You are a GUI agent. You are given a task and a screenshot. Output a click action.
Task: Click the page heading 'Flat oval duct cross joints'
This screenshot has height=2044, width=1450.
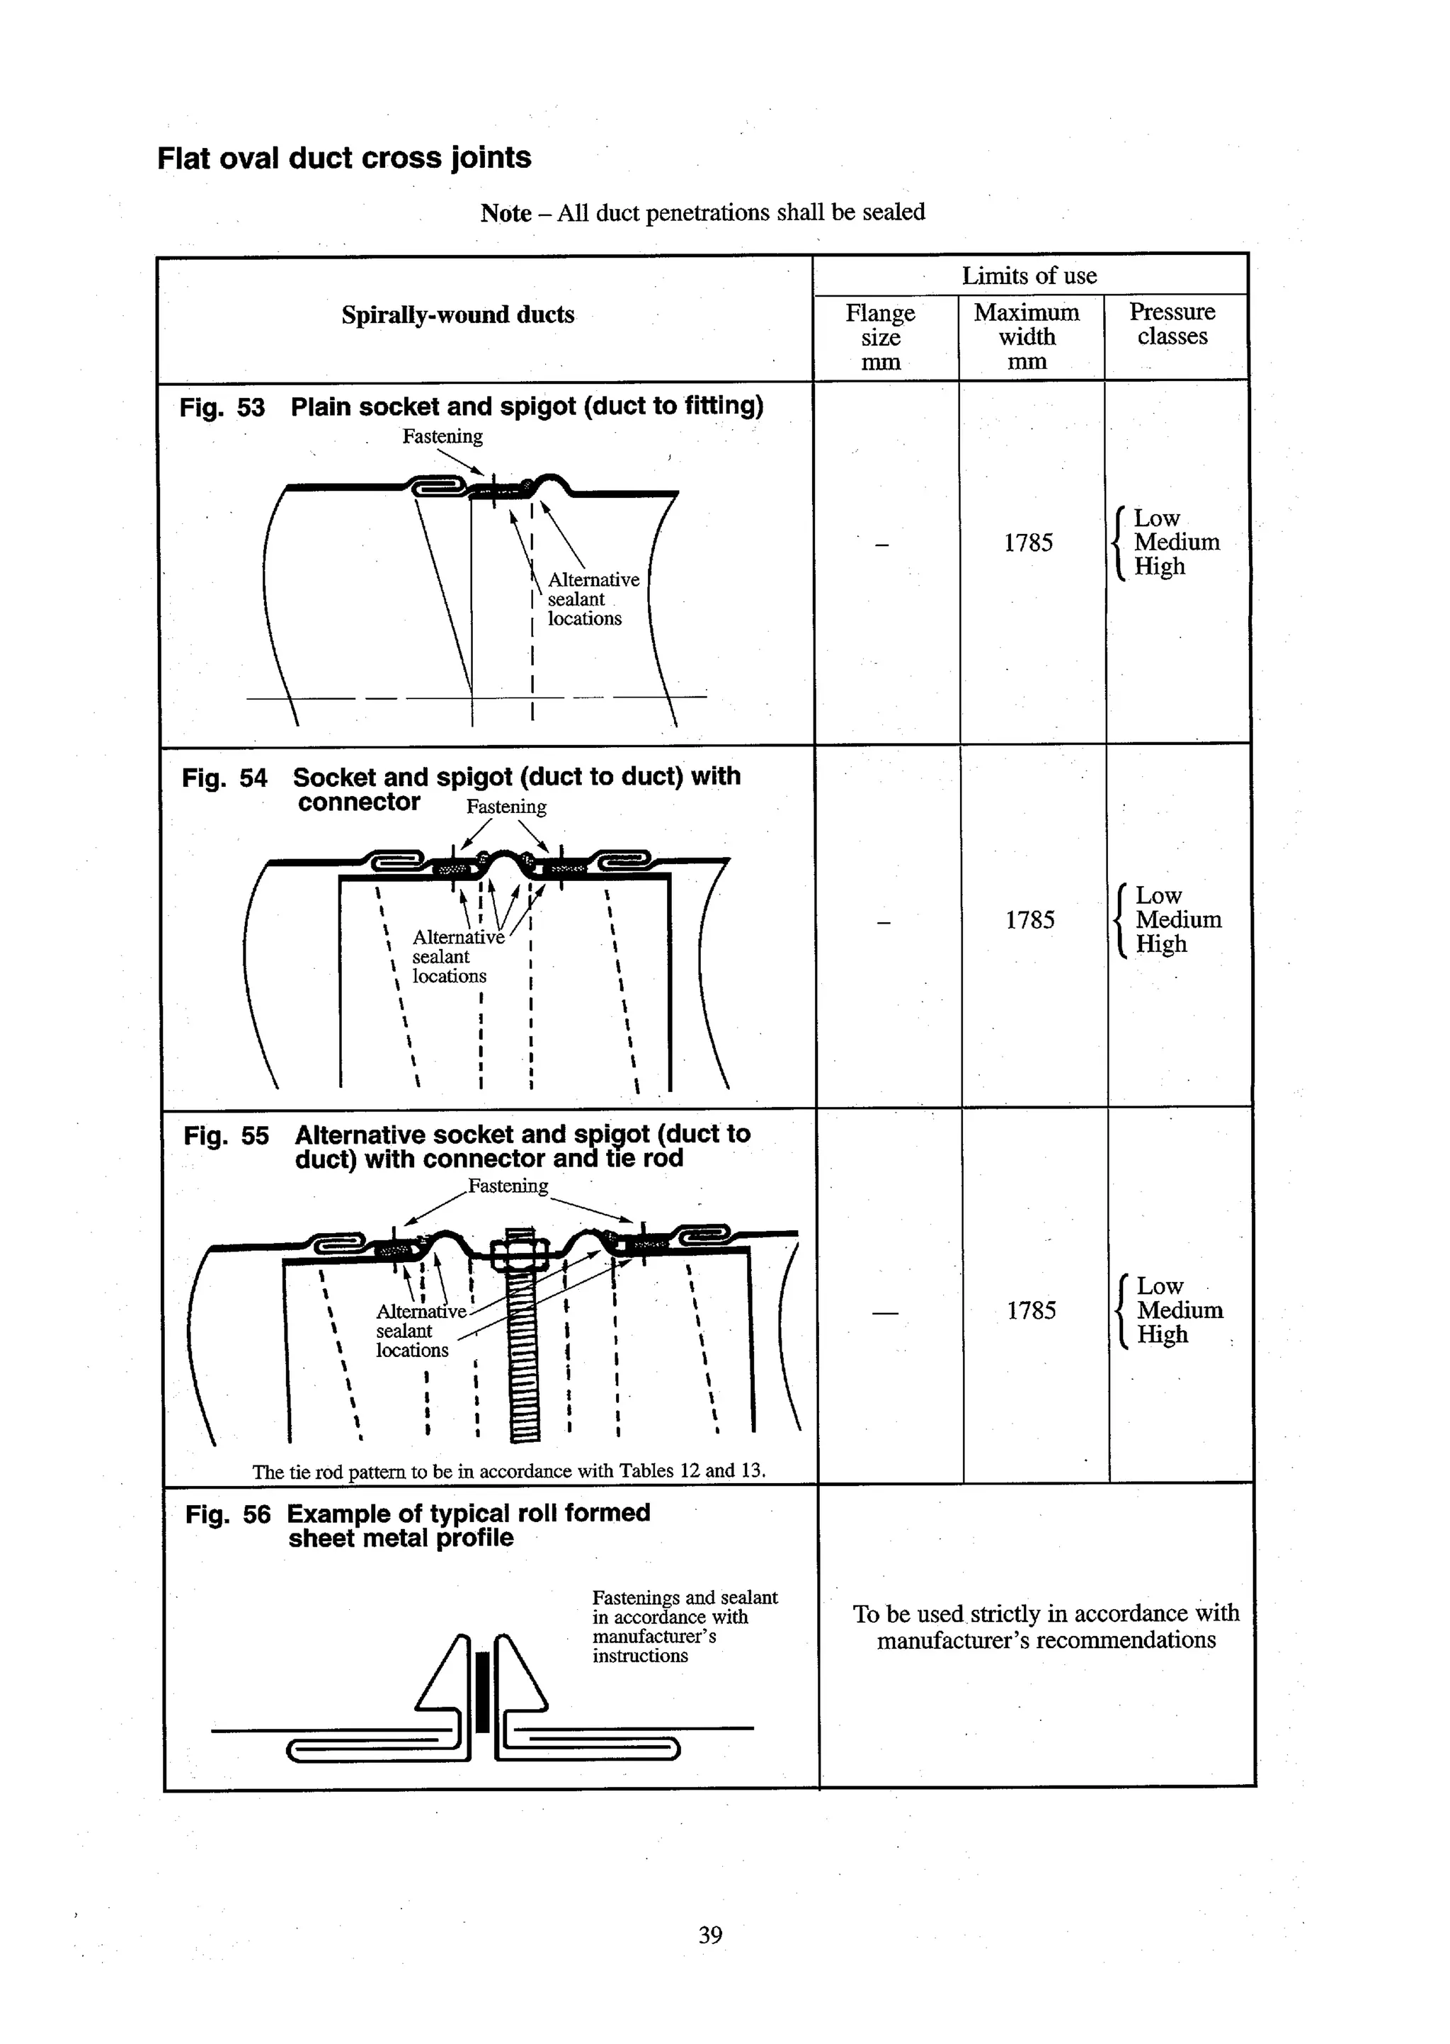click(x=344, y=158)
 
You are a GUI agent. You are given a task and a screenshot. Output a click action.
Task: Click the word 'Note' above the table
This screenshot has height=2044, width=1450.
click(x=506, y=213)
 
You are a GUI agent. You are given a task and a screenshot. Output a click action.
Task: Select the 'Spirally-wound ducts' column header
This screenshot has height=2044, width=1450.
click(x=457, y=315)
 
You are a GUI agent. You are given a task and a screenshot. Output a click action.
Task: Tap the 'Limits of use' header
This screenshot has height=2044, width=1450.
click(x=1029, y=276)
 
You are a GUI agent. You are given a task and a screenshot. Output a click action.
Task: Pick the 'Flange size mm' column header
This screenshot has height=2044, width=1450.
click(x=880, y=336)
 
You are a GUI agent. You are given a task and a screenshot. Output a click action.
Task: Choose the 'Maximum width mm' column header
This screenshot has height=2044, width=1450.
click(x=1027, y=336)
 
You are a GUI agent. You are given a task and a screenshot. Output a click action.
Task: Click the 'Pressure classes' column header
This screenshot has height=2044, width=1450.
click(x=1172, y=324)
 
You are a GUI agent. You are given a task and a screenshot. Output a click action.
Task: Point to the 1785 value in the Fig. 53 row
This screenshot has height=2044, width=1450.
click(x=1028, y=543)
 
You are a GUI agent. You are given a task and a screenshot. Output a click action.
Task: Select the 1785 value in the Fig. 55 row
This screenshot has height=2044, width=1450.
click(x=1032, y=1311)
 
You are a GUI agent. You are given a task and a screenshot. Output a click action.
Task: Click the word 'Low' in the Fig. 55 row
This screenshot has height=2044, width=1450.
click(x=1159, y=1286)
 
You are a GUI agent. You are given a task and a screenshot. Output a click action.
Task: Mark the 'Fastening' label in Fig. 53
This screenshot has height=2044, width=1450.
click(x=442, y=437)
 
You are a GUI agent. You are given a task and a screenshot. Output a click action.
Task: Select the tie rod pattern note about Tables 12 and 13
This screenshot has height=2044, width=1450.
click(x=509, y=1471)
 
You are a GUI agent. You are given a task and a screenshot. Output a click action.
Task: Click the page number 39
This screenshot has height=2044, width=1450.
click(x=710, y=1935)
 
